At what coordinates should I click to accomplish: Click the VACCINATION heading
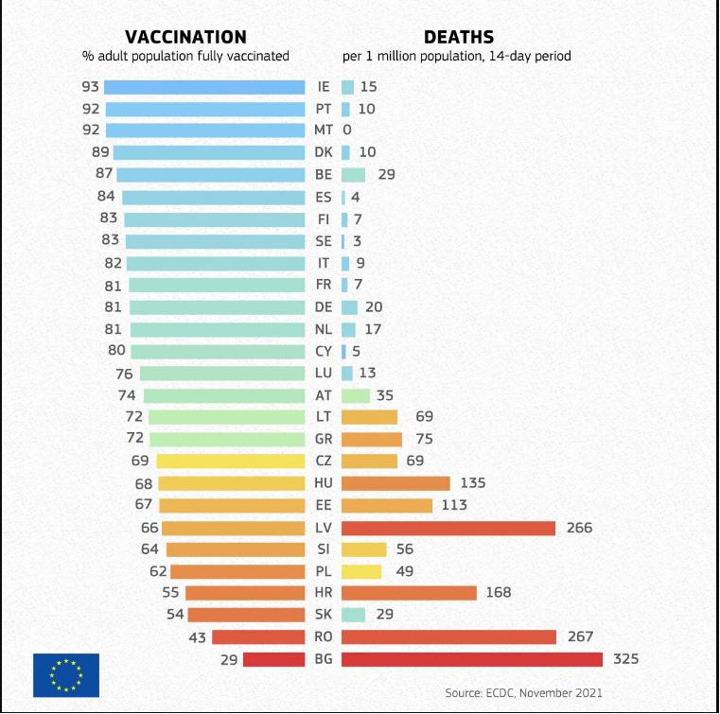[x=185, y=37]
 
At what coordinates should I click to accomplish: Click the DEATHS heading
[x=458, y=37]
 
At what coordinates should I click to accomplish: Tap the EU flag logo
[x=66, y=674]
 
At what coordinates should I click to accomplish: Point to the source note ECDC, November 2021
[x=524, y=692]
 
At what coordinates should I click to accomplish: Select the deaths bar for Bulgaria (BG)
[x=471, y=659]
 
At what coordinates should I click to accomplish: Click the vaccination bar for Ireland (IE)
[x=204, y=87]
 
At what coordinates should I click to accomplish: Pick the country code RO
[x=324, y=637]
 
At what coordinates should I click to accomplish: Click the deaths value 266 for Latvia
[x=578, y=528]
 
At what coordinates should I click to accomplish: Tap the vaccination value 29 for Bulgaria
[x=229, y=659]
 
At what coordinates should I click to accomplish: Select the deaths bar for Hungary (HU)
[x=395, y=483]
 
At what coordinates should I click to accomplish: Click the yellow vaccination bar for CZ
[x=231, y=461]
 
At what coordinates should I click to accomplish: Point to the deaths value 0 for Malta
[x=347, y=130]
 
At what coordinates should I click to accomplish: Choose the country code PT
[x=324, y=109]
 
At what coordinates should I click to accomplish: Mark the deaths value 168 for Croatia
[x=498, y=593]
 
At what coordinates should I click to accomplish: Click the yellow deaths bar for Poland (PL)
[x=361, y=571]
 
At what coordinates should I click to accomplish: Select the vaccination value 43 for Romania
[x=197, y=637]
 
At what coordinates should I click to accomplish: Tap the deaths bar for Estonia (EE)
[x=386, y=505]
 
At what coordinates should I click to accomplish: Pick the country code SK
[x=324, y=615]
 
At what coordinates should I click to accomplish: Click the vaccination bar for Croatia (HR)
[x=245, y=593]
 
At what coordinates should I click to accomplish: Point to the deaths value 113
[x=454, y=505]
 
